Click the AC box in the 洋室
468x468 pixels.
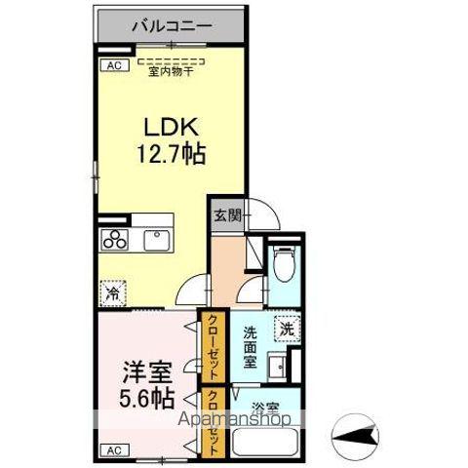114,450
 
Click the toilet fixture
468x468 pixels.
283,266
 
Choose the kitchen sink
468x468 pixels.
156,239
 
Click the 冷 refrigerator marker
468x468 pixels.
112,292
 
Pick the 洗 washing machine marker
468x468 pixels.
287,329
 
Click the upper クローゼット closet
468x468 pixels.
212,345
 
